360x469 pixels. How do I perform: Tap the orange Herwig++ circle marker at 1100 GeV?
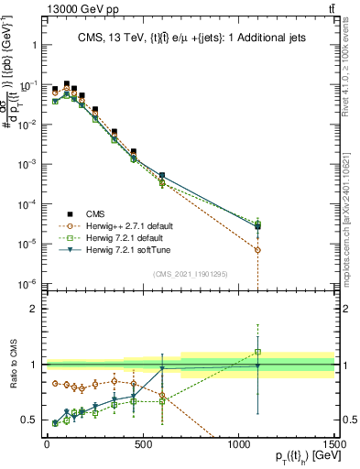(x=258, y=249)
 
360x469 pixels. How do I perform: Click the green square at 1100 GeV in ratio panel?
(x=258, y=352)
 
